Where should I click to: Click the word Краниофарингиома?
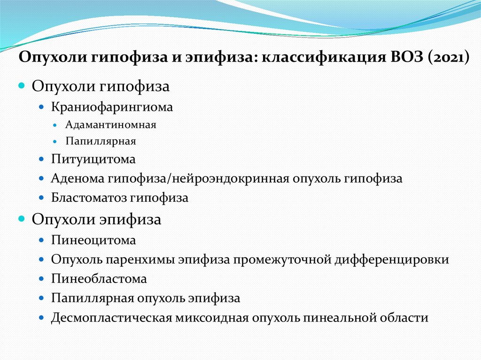[x=112, y=107]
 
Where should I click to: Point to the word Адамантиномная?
[x=111, y=125]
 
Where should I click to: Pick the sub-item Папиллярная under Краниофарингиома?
[x=101, y=141]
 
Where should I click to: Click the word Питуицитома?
[x=93, y=160]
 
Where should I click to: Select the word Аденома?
[x=78, y=179]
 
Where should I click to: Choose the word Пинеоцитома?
[x=93, y=240]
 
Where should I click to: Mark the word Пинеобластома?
[x=99, y=279]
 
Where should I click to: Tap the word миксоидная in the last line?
[x=211, y=317]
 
